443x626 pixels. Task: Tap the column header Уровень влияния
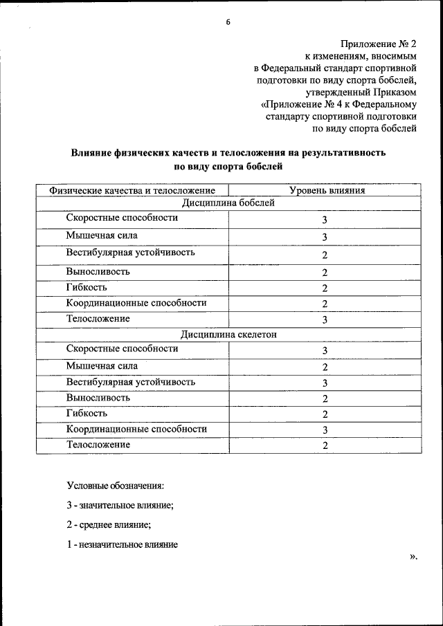[x=326, y=190]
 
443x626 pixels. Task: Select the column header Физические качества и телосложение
[x=132, y=190]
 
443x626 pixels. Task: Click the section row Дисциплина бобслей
[x=228, y=203]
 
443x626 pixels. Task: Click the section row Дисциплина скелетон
[x=228, y=334]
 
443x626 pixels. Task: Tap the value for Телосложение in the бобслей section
[x=324, y=320]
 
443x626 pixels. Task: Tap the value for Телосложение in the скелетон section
[x=324, y=446]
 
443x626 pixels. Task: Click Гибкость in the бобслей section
[x=87, y=287]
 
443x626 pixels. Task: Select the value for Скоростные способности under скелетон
[x=324, y=351]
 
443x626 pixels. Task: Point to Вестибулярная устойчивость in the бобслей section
[x=130, y=252]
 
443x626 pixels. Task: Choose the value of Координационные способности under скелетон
[x=324, y=430]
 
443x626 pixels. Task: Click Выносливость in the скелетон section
[x=98, y=398]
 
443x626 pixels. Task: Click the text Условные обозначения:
[x=115, y=486]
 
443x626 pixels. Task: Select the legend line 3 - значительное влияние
[x=120, y=505]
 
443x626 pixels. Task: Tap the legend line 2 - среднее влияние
[x=109, y=525]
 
